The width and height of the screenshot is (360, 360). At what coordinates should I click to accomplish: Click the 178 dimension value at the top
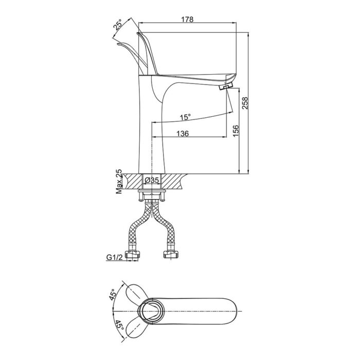(x=187, y=20)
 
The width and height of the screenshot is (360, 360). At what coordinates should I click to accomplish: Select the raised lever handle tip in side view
(x=140, y=35)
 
